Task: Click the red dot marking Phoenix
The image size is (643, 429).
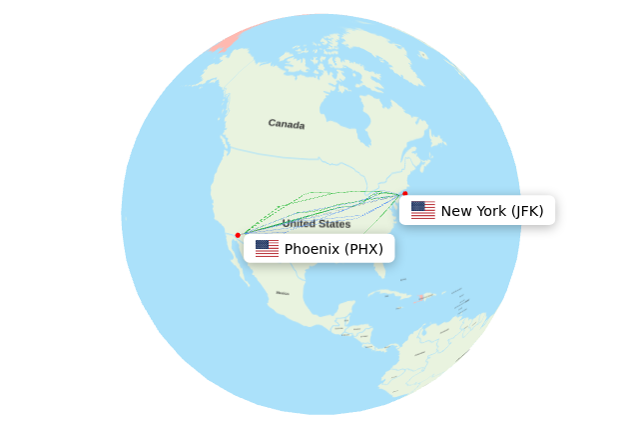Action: click(238, 235)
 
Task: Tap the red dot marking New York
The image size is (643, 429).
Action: click(404, 193)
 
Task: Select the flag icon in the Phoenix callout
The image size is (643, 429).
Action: click(267, 249)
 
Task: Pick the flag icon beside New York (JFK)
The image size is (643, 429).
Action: click(422, 210)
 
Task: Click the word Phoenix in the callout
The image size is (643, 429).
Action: click(312, 249)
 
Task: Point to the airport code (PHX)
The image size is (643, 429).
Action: click(363, 249)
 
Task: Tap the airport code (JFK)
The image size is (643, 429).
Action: click(526, 211)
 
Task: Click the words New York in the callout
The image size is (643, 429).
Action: click(473, 211)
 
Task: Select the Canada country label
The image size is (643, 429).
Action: click(286, 124)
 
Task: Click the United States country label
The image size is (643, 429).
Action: click(316, 224)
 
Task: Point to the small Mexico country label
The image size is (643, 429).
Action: click(283, 293)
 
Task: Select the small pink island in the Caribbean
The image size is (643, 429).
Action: click(423, 296)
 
